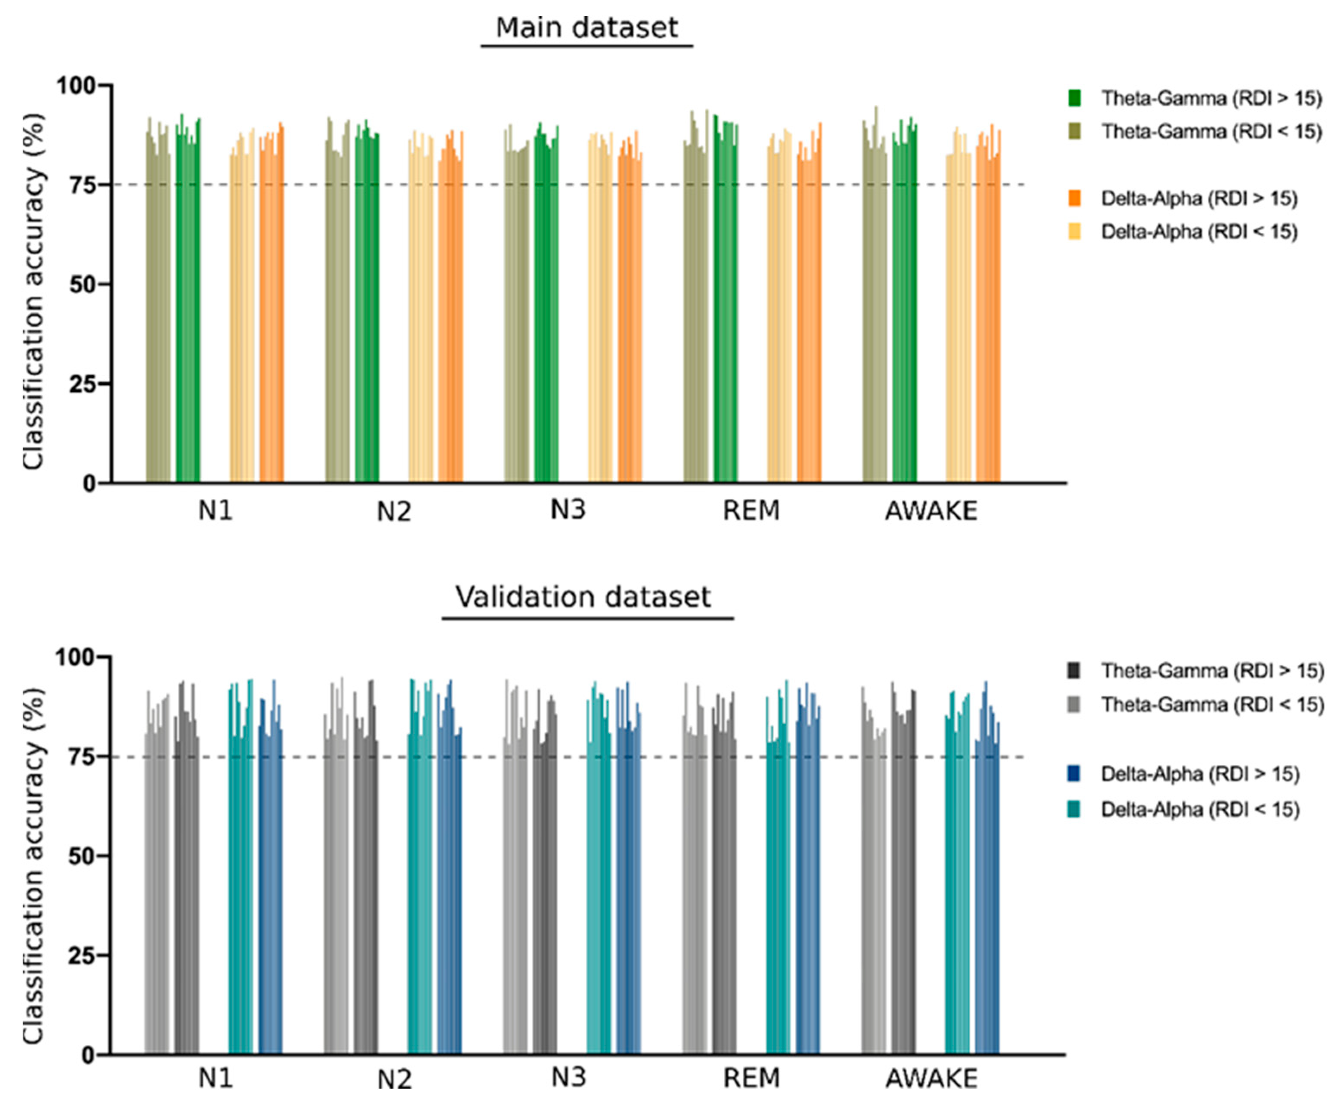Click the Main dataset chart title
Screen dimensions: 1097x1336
(586, 28)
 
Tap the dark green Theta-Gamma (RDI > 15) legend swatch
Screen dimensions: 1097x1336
(1074, 98)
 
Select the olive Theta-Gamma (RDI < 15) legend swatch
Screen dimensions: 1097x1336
(1074, 131)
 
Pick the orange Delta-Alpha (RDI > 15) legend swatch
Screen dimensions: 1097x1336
(1074, 198)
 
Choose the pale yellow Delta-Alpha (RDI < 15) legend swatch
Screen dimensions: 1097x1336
(1074, 232)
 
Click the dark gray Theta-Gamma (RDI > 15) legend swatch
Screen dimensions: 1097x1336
(1074, 670)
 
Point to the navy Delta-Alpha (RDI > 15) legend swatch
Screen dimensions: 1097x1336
(1074, 774)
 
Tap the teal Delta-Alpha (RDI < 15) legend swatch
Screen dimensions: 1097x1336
(1074, 809)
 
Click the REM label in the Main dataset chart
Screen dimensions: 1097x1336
(751, 510)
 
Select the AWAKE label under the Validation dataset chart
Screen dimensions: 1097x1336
(931, 1078)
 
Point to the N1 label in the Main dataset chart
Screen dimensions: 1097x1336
(215, 510)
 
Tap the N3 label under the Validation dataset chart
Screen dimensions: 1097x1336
(568, 1077)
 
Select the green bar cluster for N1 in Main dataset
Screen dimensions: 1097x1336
(187, 303)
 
